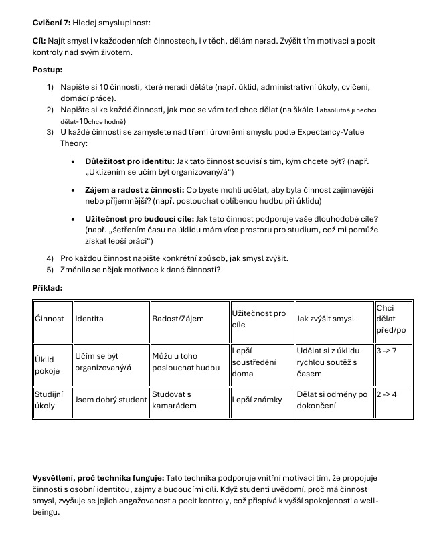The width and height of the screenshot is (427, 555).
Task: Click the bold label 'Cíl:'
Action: [x=39, y=41]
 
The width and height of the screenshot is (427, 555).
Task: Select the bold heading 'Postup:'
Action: [x=48, y=69]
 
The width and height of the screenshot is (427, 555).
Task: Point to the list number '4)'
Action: [x=50, y=258]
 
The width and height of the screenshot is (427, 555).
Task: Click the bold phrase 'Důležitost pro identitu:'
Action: [x=130, y=162]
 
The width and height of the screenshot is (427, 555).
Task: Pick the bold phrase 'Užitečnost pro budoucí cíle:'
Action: [x=140, y=219]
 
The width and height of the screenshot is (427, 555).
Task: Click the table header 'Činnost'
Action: [x=50, y=319]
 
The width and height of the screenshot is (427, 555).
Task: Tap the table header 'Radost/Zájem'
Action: [x=177, y=319]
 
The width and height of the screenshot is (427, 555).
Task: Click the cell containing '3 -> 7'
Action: [x=387, y=350]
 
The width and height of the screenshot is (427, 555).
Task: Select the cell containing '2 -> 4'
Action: [x=387, y=394]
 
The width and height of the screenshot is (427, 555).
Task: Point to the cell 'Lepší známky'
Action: [x=256, y=400]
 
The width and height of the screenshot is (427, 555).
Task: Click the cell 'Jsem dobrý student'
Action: [x=110, y=400]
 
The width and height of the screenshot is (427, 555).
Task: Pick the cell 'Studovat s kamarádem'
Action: [x=172, y=400]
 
